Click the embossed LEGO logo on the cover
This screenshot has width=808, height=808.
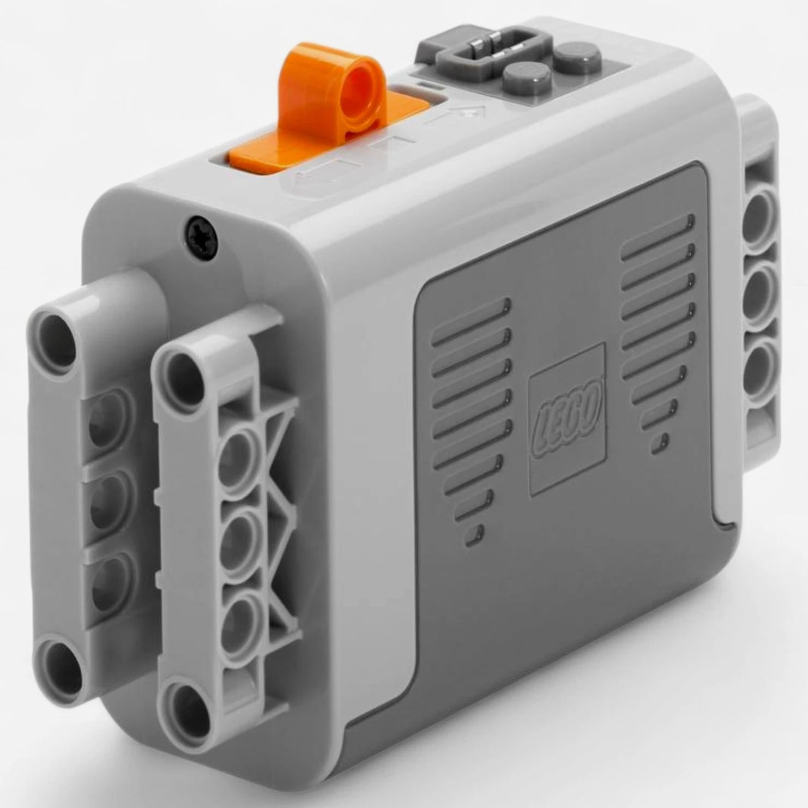(567, 419)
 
